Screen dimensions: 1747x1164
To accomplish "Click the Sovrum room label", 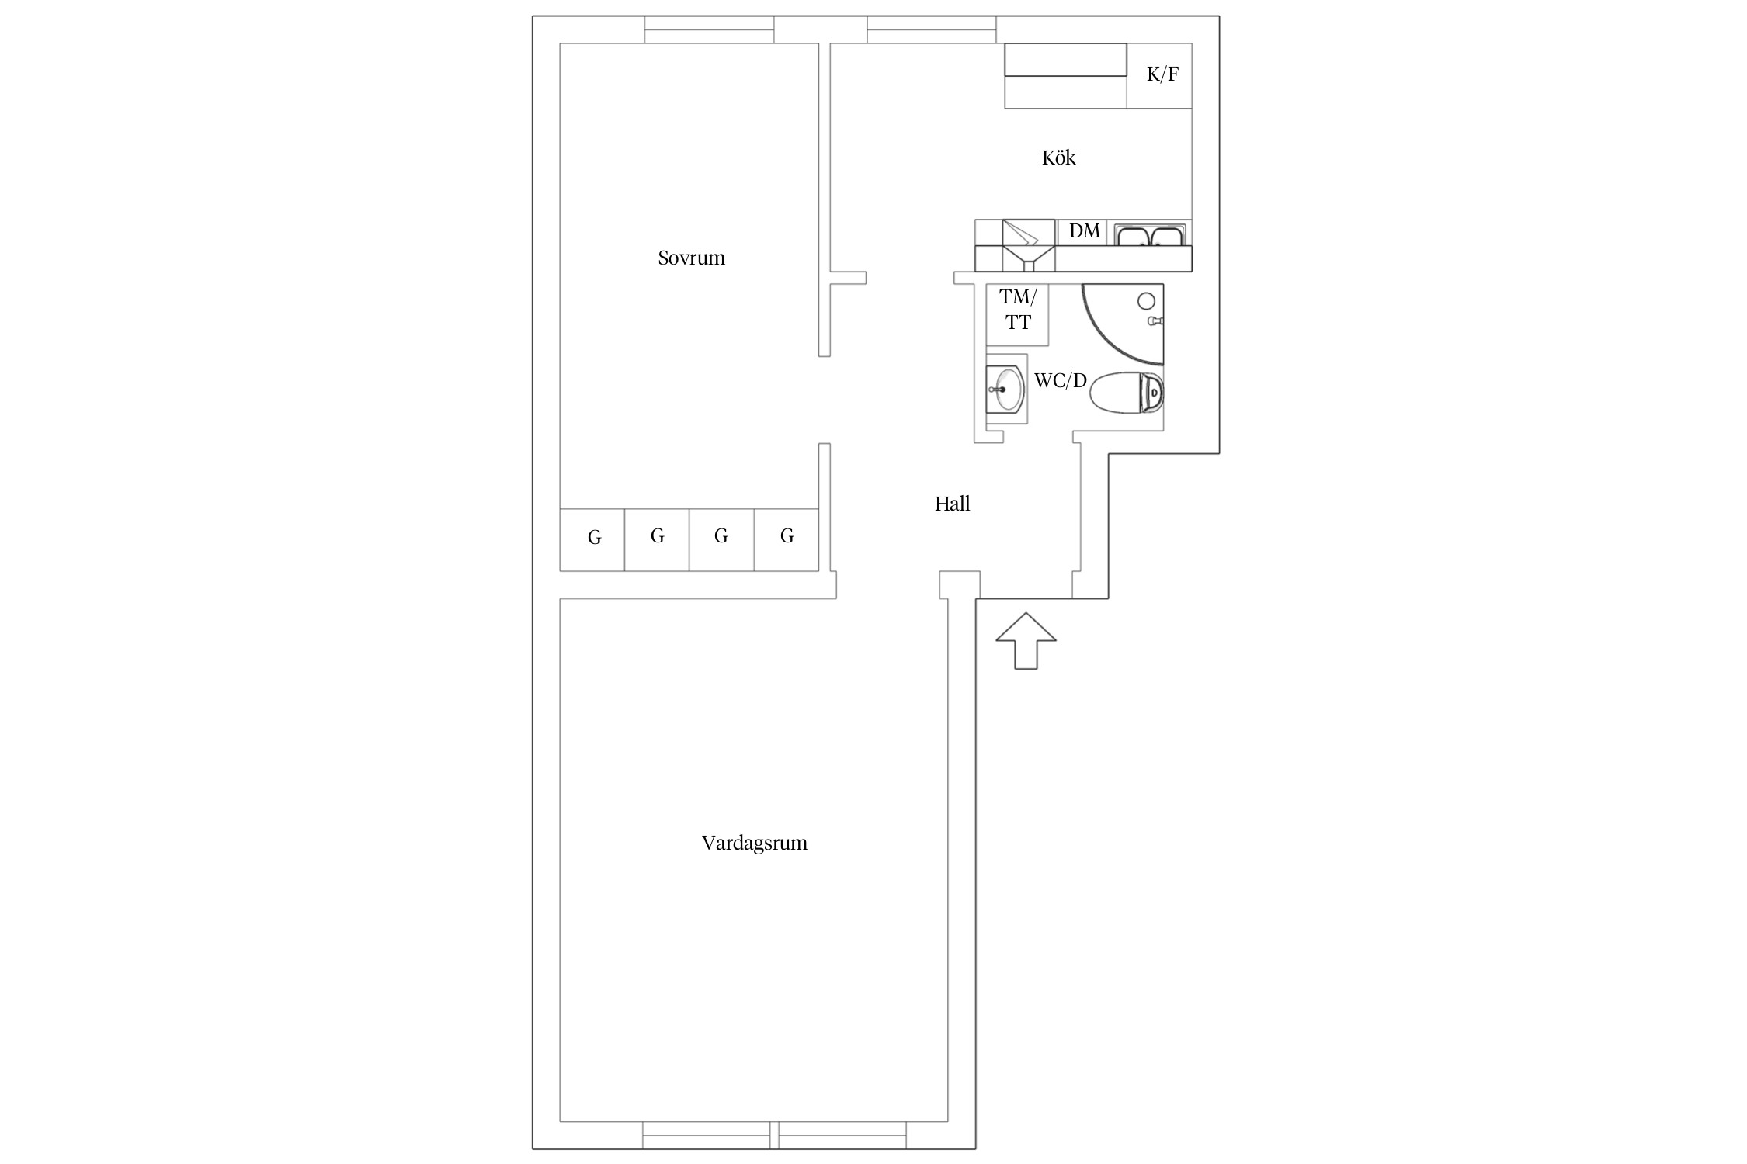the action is pos(691,258).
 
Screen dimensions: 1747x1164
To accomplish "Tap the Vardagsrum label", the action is pos(754,844).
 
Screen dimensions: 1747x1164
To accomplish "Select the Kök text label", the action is pos(1058,158).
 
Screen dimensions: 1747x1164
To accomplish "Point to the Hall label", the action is pos(952,504).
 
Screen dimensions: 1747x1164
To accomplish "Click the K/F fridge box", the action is pos(1159,75).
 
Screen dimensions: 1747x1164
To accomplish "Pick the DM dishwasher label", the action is pos(1084,230).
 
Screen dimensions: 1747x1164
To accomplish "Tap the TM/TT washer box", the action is pos(1017,315).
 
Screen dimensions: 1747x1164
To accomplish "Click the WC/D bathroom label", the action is pos(1060,381).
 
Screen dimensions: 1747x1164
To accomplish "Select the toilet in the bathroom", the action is pos(1127,393).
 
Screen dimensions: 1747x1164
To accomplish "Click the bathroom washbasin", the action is pos(1006,389).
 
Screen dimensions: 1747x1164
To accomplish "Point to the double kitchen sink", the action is pos(1150,234).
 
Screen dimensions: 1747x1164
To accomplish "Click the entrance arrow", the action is pos(1026,641).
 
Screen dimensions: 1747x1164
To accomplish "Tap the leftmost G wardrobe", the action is pos(592,540).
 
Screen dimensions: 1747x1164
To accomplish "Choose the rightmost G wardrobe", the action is pos(787,540).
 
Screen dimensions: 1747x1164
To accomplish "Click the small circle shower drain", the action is pos(1146,301).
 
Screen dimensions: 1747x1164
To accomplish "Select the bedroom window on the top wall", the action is pos(709,29).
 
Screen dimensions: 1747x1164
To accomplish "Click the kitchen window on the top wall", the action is pos(932,29).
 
